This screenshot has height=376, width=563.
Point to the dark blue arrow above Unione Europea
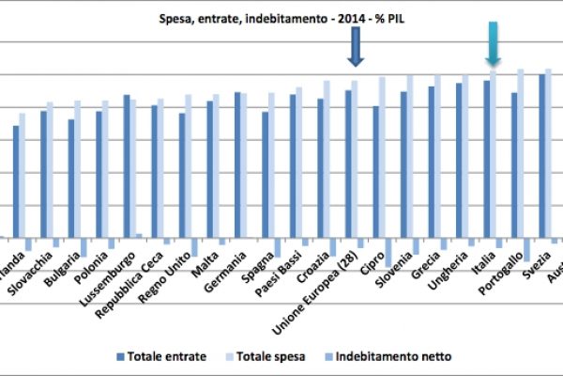click(x=355, y=47)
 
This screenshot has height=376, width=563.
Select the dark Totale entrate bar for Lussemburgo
click(x=127, y=165)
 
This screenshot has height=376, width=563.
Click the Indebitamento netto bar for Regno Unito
click(x=194, y=246)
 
